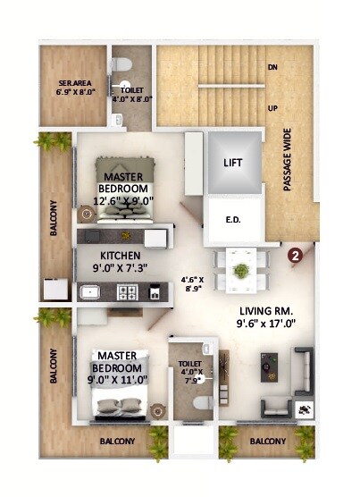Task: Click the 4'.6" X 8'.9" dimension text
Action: point(193,283)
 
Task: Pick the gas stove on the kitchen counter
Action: point(128,291)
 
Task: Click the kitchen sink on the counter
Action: point(90,291)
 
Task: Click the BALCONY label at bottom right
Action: point(267,442)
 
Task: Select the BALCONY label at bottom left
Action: point(116,442)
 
